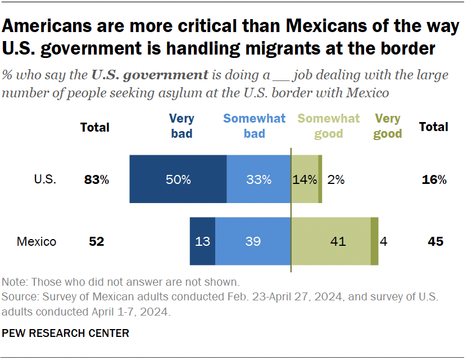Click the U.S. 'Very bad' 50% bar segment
pyautogui.click(x=178, y=179)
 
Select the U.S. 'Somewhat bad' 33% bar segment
pyautogui.click(x=258, y=179)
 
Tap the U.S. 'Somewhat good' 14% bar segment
pyautogui.click(x=304, y=179)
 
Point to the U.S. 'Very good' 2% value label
pyautogui.click(x=336, y=180)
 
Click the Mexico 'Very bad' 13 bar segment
pyautogui.click(x=202, y=241)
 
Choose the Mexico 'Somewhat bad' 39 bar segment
pyautogui.click(x=253, y=241)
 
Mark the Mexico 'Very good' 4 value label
pyautogui.click(x=384, y=242)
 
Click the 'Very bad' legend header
pyautogui.click(x=181, y=126)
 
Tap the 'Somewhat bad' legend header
pyautogui.click(x=254, y=126)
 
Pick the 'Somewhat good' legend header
pyautogui.click(x=329, y=126)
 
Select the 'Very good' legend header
pyautogui.click(x=388, y=126)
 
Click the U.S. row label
pyautogui.click(x=45, y=180)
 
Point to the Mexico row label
pyautogui.click(x=37, y=242)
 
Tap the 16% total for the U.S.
pyautogui.click(x=434, y=180)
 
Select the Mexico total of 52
pyautogui.click(x=97, y=242)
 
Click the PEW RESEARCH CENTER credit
pyautogui.click(x=66, y=333)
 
